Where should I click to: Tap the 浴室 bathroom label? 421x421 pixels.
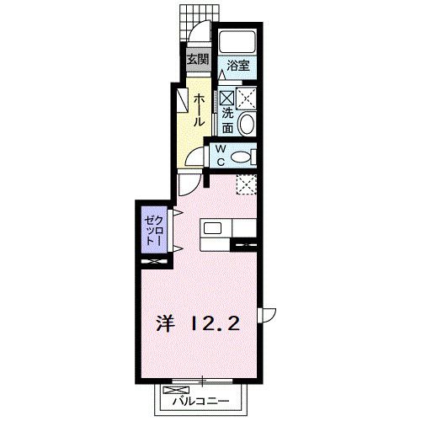pos(237,64)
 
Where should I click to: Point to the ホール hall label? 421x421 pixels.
pos(199,110)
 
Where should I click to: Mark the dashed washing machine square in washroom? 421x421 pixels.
pos(248,97)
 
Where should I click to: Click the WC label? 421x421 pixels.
pos(221,156)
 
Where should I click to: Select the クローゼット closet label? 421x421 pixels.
pos(152,227)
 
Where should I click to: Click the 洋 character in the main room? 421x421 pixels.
pos(165,322)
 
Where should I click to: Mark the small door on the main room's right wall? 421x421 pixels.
pos(267,314)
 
